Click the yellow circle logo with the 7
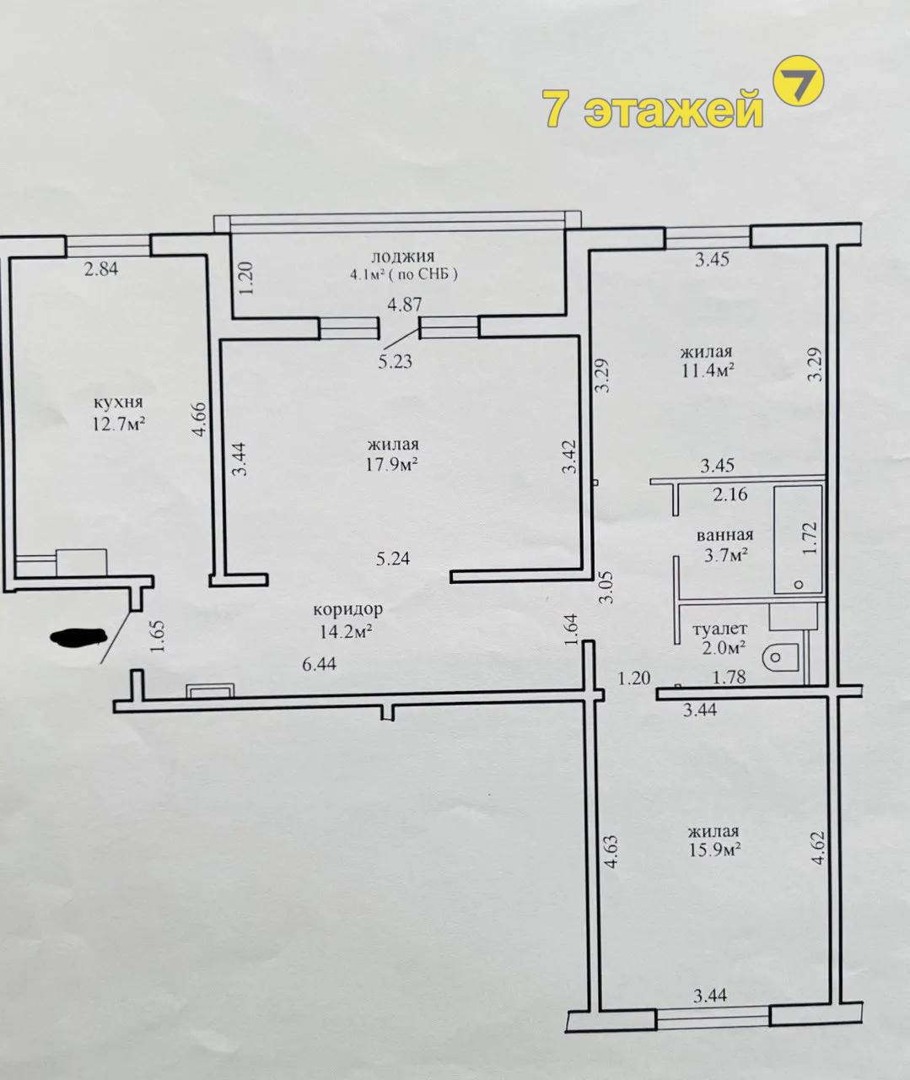coord(799,81)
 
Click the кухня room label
coord(118,402)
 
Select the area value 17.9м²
coord(392,464)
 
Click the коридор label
coord(348,609)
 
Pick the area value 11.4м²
coord(708,370)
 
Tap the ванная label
coord(725,534)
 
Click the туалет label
coord(719,629)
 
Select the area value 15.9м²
coord(714,850)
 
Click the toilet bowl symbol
coord(780,657)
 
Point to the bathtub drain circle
coord(799,585)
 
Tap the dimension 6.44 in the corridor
coord(319,664)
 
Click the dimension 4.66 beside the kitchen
coord(200,419)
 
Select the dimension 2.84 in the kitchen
coord(101,269)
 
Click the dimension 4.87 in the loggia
coord(404,304)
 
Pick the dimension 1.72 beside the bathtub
coord(810,538)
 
